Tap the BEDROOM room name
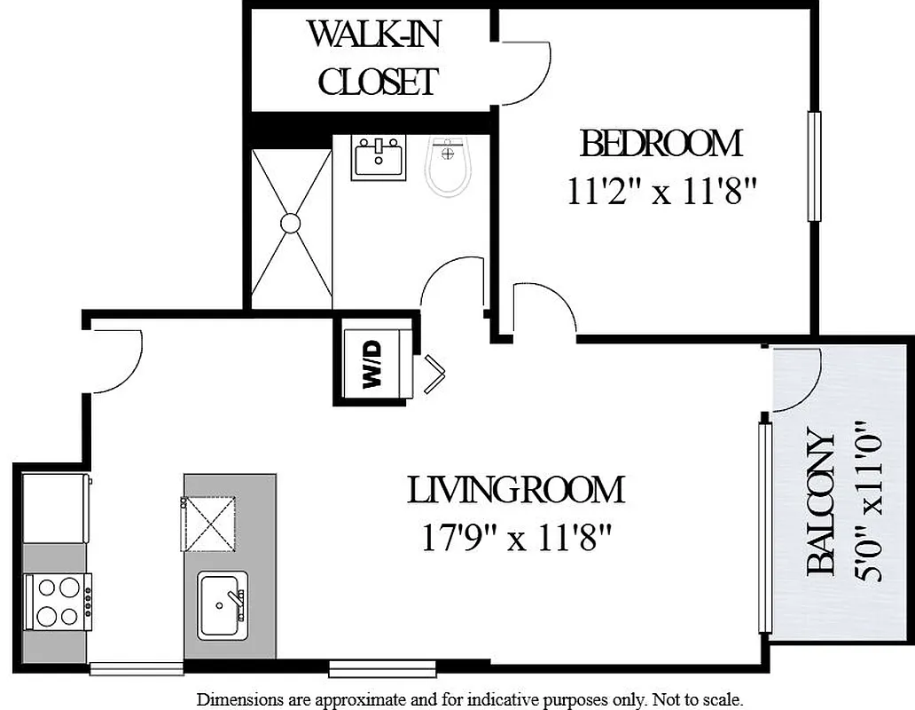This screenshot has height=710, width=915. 661,143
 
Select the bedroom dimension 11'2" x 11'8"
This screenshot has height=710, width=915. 661,191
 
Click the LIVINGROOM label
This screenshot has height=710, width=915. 515,490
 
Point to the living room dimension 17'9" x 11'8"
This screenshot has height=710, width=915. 517,538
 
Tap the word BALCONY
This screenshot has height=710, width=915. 821,504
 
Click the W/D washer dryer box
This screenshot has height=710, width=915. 373,364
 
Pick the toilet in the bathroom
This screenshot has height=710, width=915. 449,166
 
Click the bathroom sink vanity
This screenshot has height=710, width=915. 379,158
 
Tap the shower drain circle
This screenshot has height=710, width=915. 291,223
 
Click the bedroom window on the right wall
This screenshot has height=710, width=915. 814,166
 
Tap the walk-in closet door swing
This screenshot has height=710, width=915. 525,71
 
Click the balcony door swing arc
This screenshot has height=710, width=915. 796,380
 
